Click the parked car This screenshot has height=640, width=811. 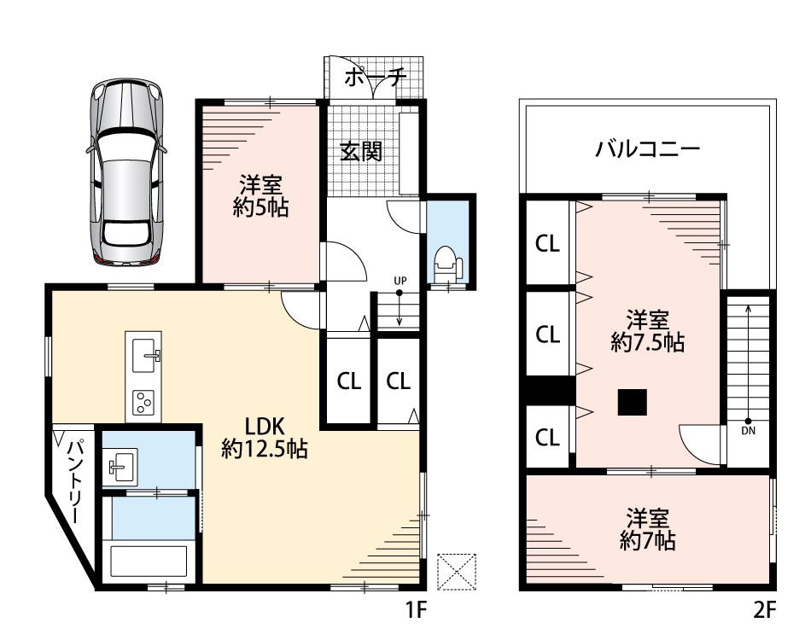(x=126, y=172)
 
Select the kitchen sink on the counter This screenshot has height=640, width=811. (x=144, y=355)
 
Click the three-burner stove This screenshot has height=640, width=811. (x=143, y=403)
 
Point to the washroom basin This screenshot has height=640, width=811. (x=120, y=464)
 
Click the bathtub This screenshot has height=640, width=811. (x=149, y=561)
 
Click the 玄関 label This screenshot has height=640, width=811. (x=361, y=151)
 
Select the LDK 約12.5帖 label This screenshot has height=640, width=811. (x=265, y=438)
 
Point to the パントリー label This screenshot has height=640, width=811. (x=76, y=480)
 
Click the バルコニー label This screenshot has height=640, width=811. (x=648, y=149)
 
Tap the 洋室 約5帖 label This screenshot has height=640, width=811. (x=260, y=196)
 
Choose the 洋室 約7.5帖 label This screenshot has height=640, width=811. (x=648, y=331)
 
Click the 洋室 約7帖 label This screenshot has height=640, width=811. (x=648, y=529)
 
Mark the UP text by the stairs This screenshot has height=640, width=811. (x=400, y=281)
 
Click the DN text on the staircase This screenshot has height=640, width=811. (x=748, y=431)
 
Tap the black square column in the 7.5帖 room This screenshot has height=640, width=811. (x=632, y=402)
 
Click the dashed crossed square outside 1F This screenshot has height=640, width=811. (x=457, y=571)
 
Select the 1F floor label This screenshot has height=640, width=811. (x=415, y=611)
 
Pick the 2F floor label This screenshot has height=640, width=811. (x=764, y=611)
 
